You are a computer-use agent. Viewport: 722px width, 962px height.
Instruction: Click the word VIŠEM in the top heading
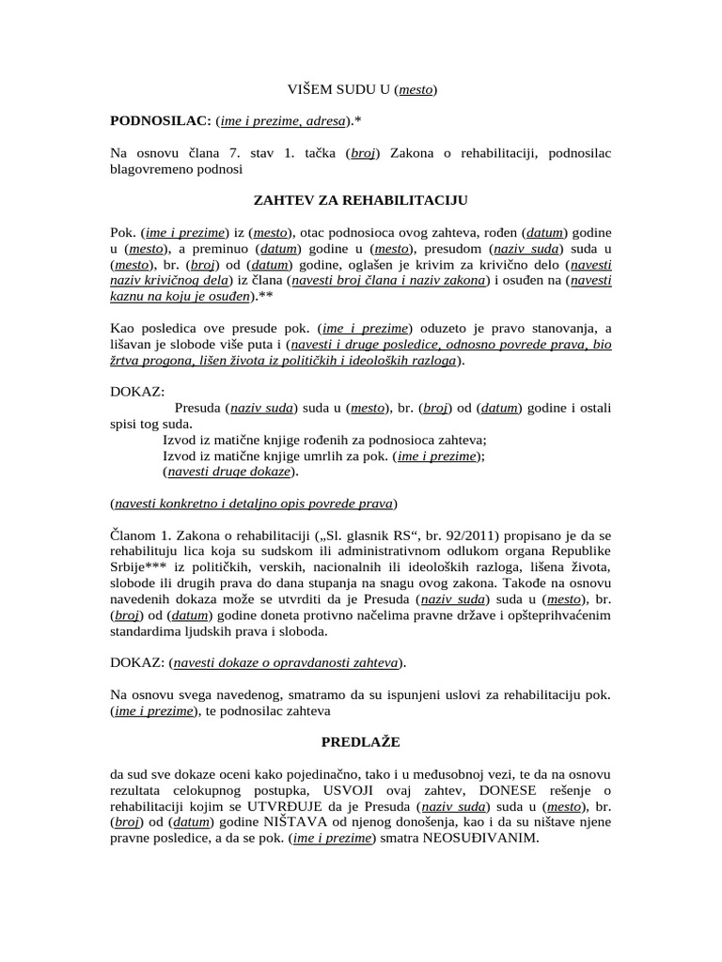(310, 90)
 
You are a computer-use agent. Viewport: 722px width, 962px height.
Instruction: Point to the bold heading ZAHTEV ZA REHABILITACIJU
(361, 201)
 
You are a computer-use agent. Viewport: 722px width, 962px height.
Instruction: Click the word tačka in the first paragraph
(321, 153)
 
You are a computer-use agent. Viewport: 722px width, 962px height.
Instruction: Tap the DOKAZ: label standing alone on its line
(137, 390)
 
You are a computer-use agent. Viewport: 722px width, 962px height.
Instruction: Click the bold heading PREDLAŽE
(361, 742)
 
